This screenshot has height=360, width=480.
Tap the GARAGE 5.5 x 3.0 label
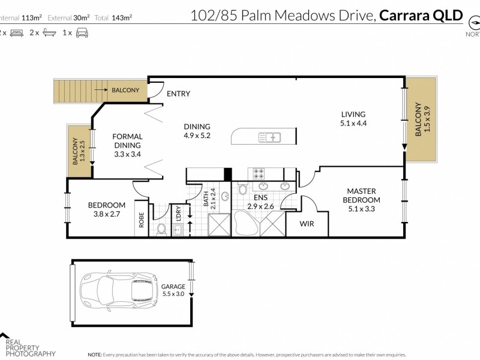(x=172, y=290)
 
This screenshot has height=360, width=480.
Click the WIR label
(x=307, y=225)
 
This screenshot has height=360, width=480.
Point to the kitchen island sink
(x=269, y=137)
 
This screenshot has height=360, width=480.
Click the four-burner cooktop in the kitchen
(x=259, y=174)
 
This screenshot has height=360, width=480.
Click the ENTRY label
(x=178, y=94)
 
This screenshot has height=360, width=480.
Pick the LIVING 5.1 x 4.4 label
(x=353, y=119)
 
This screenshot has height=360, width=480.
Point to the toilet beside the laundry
(x=161, y=229)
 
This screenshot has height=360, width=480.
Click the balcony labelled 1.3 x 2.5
(x=78, y=151)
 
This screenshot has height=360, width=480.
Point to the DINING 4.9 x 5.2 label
(x=197, y=131)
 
